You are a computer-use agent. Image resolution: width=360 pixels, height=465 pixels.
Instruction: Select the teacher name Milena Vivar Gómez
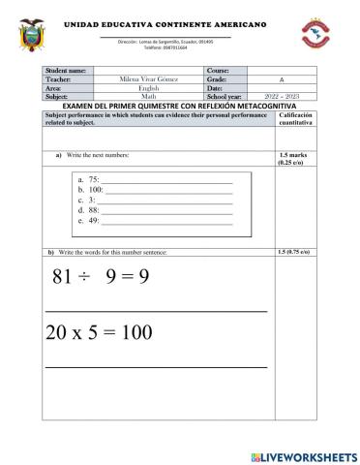point(148,79)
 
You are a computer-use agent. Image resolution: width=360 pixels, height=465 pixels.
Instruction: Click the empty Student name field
point(148,71)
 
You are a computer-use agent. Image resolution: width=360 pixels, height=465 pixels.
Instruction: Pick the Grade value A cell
point(278,79)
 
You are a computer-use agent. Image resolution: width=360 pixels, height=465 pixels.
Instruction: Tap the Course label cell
point(225,71)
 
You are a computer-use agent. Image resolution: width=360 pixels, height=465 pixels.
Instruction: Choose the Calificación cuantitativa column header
point(293,119)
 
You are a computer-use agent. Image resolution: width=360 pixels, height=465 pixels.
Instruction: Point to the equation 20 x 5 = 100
point(99,332)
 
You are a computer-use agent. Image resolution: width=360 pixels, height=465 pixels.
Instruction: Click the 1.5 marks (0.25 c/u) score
point(293,159)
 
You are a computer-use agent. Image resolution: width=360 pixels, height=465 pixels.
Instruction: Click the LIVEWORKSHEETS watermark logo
point(303,454)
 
